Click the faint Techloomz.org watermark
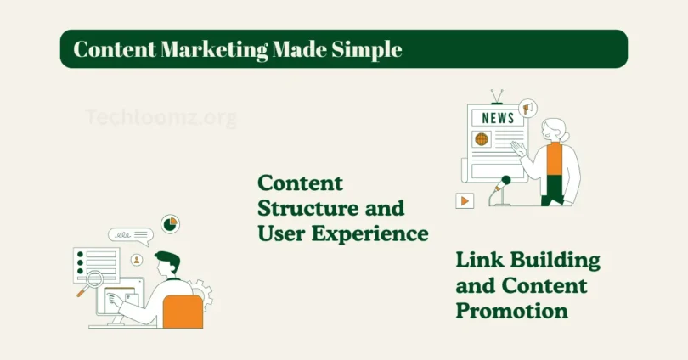click(161, 117)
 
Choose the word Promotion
click(511, 311)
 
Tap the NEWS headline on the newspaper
click(498, 117)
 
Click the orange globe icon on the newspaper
click(482, 138)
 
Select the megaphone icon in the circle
click(527, 109)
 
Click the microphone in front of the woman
click(505, 182)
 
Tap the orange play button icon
click(464, 201)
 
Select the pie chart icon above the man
click(170, 224)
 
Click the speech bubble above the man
click(129, 236)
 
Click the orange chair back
click(183, 311)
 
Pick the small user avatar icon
click(136, 259)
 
